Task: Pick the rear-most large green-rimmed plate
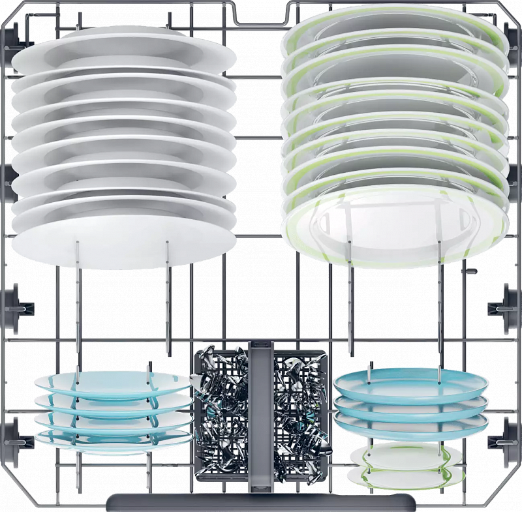pyautogui.click(x=395, y=26)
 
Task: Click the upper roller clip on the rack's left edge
pyautogui.click(x=16, y=303)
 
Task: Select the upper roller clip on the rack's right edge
pyautogui.click(x=508, y=303)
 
